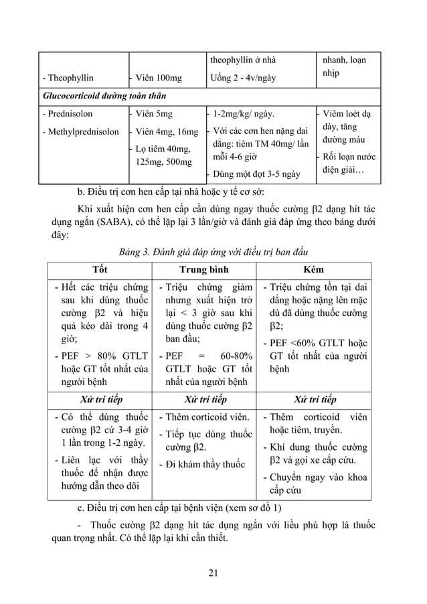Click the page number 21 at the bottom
(x=213, y=571)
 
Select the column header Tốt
(x=100, y=269)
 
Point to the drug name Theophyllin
(x=68, y=78)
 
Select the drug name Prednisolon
(x=68, y=114)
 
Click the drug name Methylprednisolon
(x=81, y=132)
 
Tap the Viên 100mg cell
(x=158, y=78)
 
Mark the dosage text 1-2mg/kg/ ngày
(x=243, y=114)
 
